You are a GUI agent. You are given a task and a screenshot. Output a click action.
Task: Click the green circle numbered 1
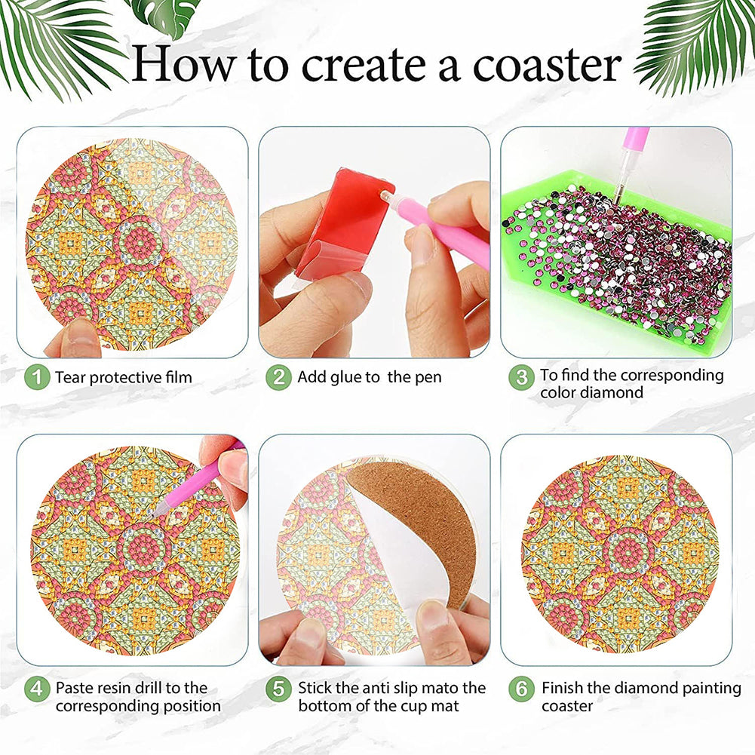[x=37, y=377]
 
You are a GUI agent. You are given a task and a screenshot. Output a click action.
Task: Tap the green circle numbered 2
[x=278, y=377]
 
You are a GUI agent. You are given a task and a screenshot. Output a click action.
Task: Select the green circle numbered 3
[x=521, y=377]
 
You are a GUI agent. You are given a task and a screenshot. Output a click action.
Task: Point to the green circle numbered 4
[x=37, y=689]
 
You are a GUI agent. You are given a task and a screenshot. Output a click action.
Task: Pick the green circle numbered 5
[x=278, y=689]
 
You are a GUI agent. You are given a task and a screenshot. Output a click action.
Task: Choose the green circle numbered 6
[x=521, y=689]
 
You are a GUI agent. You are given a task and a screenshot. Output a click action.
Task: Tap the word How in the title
[x=185, y=63]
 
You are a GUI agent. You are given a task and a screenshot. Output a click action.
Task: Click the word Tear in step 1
[x=70, y=377]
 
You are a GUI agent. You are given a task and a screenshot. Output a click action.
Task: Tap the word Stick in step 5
[x=315, y=688]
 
